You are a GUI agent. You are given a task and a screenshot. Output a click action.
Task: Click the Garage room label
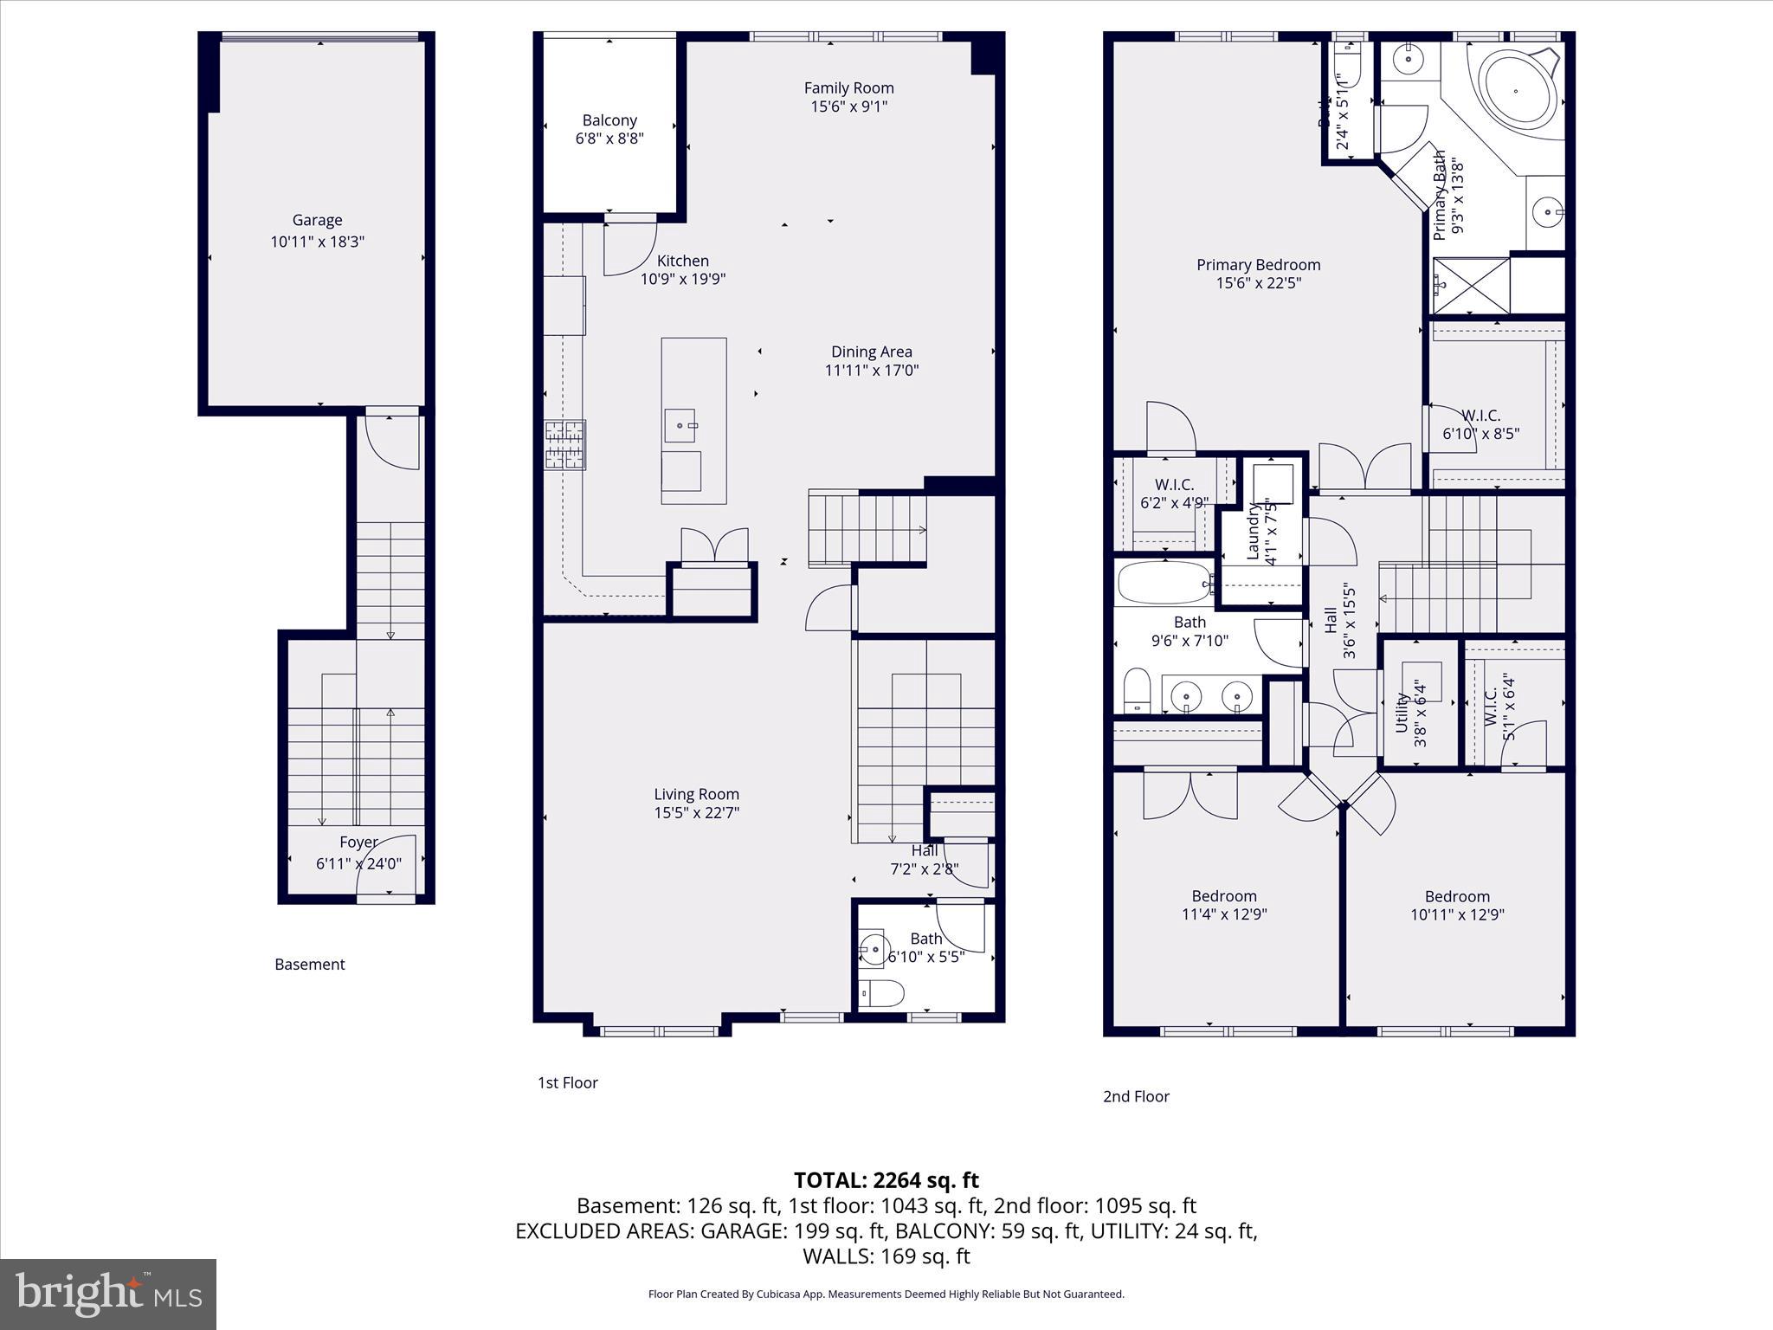point(317,220)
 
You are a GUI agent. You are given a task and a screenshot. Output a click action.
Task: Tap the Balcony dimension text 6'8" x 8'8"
point(609,139)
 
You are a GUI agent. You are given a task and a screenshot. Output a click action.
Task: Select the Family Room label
point(848,87)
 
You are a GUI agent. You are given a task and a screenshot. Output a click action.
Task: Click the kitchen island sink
point(680,425)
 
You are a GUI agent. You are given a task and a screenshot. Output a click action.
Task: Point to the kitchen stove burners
point(564,444)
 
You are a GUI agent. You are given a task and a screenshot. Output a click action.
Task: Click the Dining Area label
point(871,352)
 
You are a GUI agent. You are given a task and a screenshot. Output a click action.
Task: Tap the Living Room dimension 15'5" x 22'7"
point(696,812)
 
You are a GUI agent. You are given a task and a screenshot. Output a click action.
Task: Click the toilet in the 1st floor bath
point(881,993)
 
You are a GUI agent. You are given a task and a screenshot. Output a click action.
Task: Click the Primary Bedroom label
point(1258,265)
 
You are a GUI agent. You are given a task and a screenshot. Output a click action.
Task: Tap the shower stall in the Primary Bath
point(1472,286)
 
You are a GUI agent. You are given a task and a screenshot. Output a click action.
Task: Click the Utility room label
point(1402,712)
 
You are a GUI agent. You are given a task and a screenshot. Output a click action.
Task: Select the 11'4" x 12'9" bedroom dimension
point(1224,914)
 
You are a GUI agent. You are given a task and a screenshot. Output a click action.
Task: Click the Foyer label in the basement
point(358,842)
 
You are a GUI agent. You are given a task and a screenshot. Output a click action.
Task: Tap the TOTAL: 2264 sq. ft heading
point(886,1180)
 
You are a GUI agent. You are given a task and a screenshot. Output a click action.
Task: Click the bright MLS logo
point(108,1294)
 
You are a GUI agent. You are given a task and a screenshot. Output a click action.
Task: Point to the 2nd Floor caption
point(1135,1096)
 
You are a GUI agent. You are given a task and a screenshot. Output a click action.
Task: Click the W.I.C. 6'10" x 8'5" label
point(1480,416)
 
